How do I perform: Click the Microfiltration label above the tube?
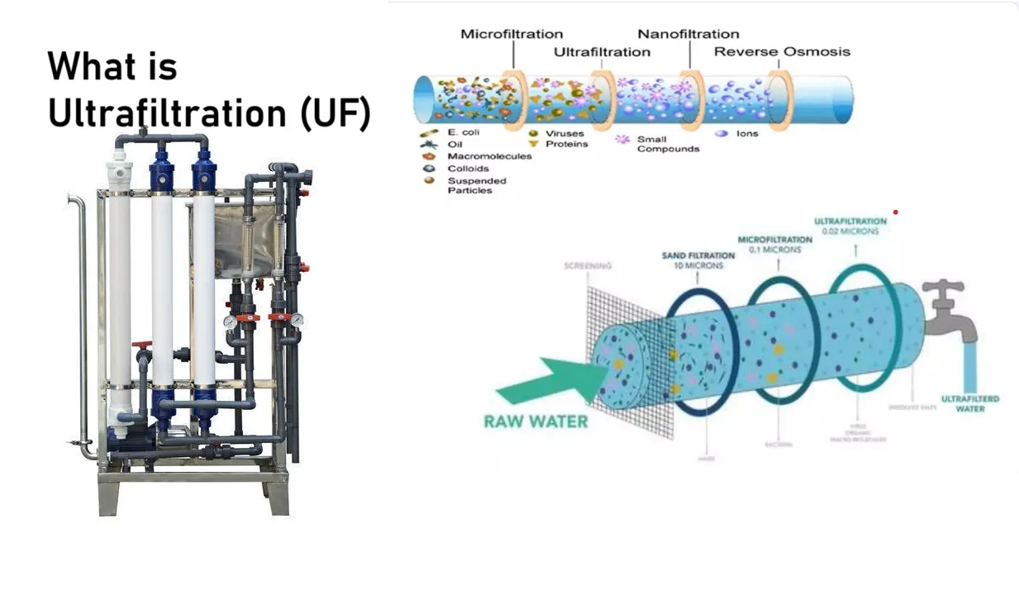(x=512, y=34)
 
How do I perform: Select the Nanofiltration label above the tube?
(x=688, y=34)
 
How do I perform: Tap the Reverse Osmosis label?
(x=782, y=51)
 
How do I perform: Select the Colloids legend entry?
(x=468, y=168)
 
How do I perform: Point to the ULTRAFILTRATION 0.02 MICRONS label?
(x=850, y=226)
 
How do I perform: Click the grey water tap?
(x=950, y=310)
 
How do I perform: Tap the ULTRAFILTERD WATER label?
(x=970, y=403)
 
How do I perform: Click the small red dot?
(x=895, y=212)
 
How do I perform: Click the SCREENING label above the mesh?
(x=588, y=266)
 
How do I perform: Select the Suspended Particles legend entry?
(x=476, y=185)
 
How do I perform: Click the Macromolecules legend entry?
(x=488, y=156)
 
